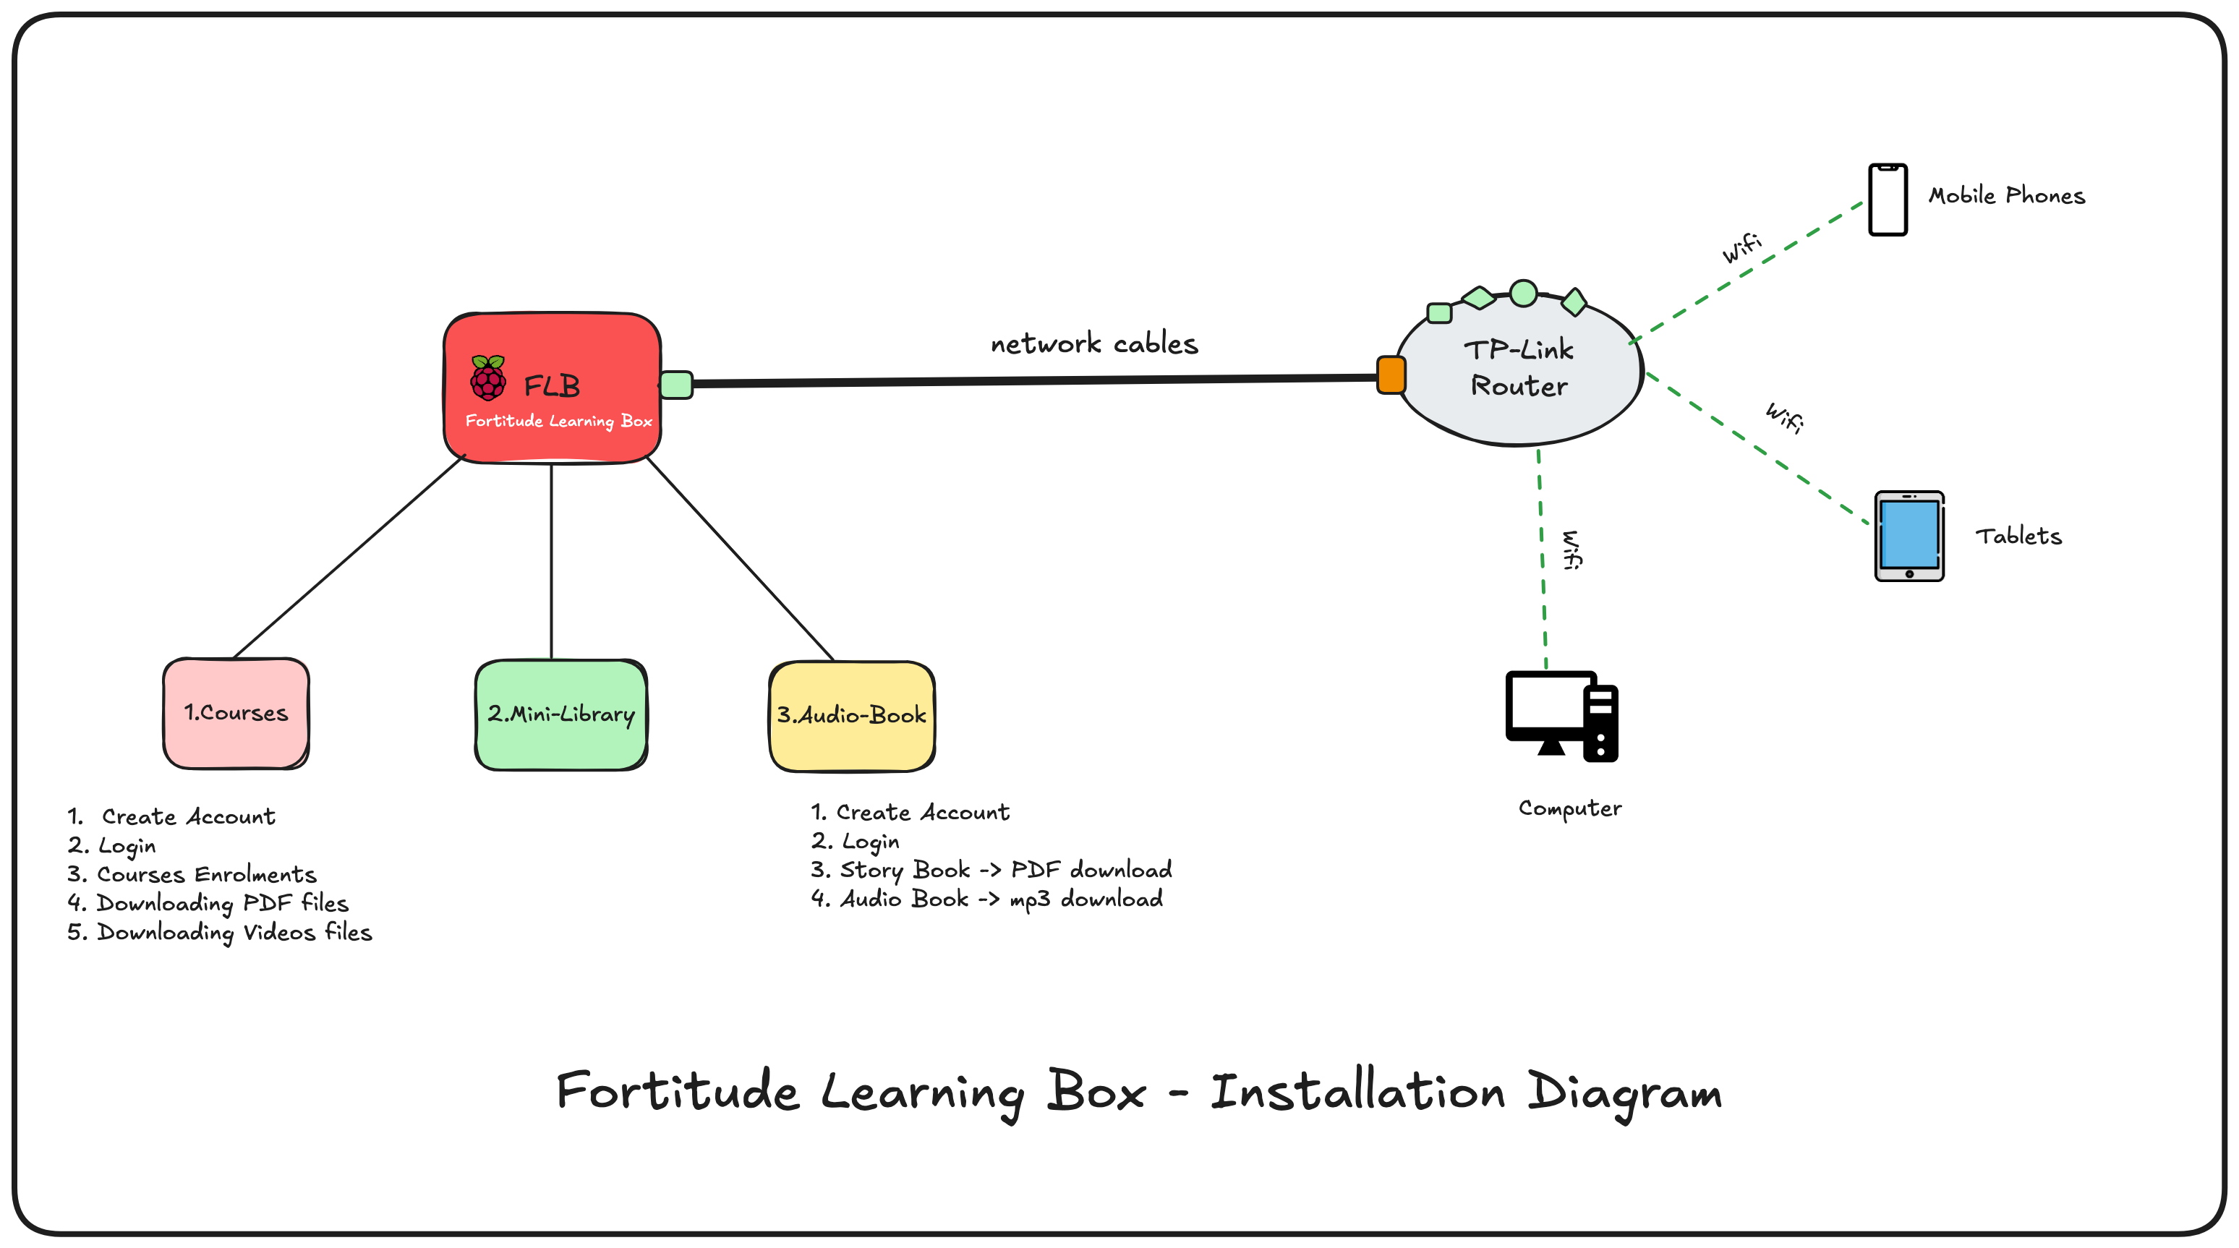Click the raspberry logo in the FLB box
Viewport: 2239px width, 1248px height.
[x=487, y=378]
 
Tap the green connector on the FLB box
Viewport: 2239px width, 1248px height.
[x=676, y=385]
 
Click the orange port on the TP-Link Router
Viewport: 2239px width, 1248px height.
[x=1391, y=375]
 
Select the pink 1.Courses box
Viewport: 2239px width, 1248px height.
[x=236, y=714]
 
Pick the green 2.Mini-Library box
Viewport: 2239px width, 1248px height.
[x=560, y=715]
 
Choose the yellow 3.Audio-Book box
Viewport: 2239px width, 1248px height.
[x=852, y=716]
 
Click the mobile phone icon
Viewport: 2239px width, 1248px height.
[x=1887, y=199]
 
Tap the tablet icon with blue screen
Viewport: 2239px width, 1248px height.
[x=1909, y=535]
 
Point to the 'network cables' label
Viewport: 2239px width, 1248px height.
[x=1093, y=344]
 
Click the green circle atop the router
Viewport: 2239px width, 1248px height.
[x=1523, y=294]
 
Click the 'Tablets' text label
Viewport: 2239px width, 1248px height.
[x=2018, y=537]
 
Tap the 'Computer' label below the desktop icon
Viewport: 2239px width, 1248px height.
[x=1570, y=808]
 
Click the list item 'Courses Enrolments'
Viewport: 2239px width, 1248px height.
[x=205, y=874]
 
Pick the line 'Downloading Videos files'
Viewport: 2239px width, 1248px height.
[x=233, y=933]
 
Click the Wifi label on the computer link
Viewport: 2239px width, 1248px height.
[x=1571, y=550]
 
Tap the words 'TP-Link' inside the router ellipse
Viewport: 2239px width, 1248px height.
[x=1519, y=350]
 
